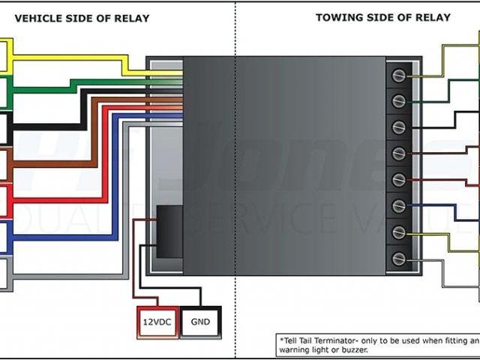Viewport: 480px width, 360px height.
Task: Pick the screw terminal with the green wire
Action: pyautogui.click(x=399, y=100)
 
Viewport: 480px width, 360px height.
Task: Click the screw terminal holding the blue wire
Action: pyautogui.click(x=399, y=205)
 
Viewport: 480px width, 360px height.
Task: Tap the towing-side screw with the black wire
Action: pyautogui.click(x=399, y=127)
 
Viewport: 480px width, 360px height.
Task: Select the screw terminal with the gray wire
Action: pyautogui.click(x=399, y=258)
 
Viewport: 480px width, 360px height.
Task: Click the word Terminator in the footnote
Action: pyautogui.click(x=328, y=339)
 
